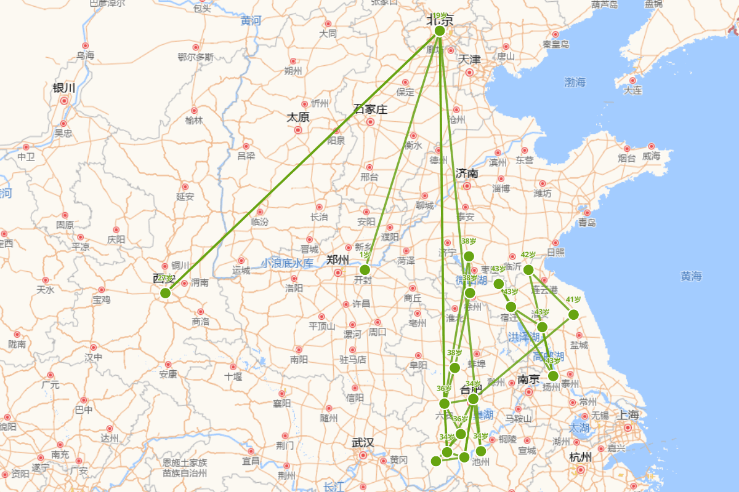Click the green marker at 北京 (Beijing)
click(x=440, y=31)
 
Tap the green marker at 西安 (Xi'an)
click(x=165, y=293)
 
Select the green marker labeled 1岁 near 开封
click(x=365, y=269)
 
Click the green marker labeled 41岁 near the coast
click(x=573, y=315)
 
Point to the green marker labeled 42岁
click(x=528, y=269)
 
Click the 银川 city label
click(x=64, y=88)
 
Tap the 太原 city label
click(x=298, y=117)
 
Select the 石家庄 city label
click(x=370, y=109)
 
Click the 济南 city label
click(x=467, y=173)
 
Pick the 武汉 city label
click(x=363, y=443)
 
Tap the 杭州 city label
click(x=580, y=457)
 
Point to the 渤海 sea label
click(x=575, y=82)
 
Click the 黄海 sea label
click(x=691, y=277)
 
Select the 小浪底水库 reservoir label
click(x=286, y=263)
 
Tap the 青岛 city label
click(x=587, y=222)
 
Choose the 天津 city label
click(x=469, y=60)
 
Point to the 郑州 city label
click(x=338, y=260)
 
